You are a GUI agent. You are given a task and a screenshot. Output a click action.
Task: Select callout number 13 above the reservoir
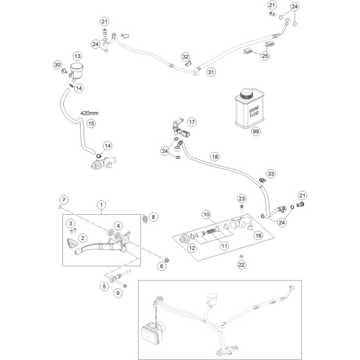(x=77, y=57)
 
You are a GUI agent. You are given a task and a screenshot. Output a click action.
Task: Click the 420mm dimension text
(x=90, y=113)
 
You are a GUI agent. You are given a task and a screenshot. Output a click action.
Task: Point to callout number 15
(x=91, y=124)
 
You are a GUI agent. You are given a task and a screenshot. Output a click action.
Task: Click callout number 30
(x=57, y=65)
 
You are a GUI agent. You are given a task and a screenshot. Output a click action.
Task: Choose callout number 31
(x=211, y=72)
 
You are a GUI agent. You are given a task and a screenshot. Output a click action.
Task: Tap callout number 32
(x=186, y=57)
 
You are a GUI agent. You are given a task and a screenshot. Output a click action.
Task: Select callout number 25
(x=265, y=56)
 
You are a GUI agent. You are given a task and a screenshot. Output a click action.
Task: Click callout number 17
(x=192, y=122)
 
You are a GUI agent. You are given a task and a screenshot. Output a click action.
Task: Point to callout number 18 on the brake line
(x=215, y=157)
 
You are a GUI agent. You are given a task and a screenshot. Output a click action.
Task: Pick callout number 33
(x=271, y=173)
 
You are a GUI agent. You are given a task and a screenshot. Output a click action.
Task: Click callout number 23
(x=242, y=199)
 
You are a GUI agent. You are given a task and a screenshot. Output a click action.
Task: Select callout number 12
(x=192, y=248)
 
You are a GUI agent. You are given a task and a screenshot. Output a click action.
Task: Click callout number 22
(x=241, y=264)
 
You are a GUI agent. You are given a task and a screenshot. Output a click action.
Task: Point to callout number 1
(x=101, y=205)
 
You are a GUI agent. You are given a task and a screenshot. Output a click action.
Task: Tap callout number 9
(x=117, y=293)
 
